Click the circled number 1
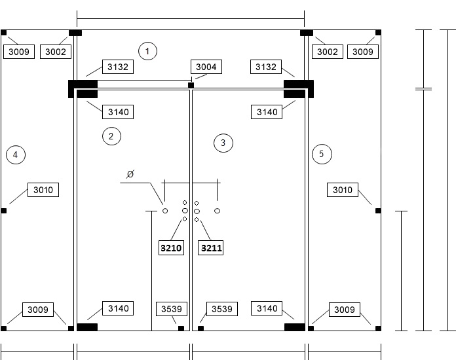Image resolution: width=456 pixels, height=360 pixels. [147, 51]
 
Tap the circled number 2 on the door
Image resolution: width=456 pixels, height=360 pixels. [111, 136]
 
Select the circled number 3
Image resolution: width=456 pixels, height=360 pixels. [223, 143]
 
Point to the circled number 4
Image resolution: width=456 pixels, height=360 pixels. [16, 154]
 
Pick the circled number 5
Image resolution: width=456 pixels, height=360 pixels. [322, 154]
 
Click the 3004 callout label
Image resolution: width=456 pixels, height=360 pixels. [206, 67]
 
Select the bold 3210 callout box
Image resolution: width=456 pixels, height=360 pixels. [171, 248]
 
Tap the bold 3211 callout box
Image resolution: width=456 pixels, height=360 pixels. [210, 248]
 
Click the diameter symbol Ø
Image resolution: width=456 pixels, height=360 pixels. [130, 174]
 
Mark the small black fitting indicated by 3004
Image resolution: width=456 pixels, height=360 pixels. [191, 85]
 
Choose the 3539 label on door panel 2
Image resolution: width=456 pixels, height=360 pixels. [172, 309]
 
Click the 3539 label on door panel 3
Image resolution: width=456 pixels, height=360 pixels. [222, 309]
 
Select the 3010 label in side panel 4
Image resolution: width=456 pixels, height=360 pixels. [43, 190]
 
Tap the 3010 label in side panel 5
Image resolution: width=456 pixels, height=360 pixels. [343, 190]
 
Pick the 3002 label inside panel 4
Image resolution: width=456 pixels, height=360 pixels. [56, 52]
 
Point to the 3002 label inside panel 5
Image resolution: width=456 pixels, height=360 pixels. [328, 52]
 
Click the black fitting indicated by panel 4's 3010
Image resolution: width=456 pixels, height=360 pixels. [3, 211]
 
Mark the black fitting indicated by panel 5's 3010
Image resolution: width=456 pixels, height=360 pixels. [378, 211]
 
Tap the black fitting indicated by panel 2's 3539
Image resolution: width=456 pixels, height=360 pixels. [181, 329]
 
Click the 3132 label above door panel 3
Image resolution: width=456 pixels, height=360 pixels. [266, 67]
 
